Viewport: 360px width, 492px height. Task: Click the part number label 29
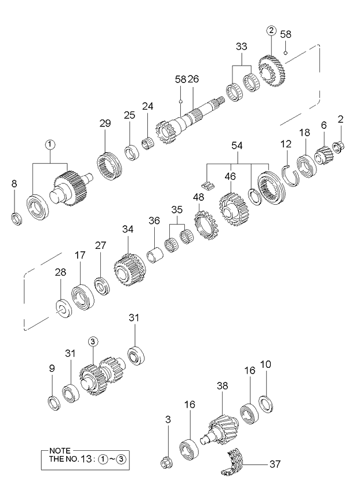pos(104,124)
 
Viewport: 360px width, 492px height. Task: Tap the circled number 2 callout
pos(271,31)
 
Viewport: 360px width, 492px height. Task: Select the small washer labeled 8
pos(16,219)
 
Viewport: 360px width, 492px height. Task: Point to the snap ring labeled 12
pos(291,173)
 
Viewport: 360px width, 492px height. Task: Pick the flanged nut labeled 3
pos(167,462)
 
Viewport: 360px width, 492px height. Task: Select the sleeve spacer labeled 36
pos(155,255)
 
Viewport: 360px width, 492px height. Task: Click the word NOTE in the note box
pos(59,451)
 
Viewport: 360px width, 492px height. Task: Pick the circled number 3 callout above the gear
pos(93,342)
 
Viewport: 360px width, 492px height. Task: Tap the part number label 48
pos(199,197)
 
